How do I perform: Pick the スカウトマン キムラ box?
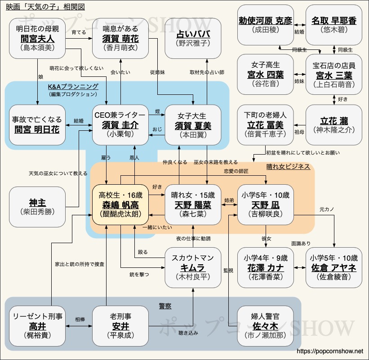pos(193,267)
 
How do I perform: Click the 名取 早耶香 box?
pos(334,24)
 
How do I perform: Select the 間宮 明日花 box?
pos(37,124)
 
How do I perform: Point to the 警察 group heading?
pos(165,306)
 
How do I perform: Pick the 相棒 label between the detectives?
pos(80,319)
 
